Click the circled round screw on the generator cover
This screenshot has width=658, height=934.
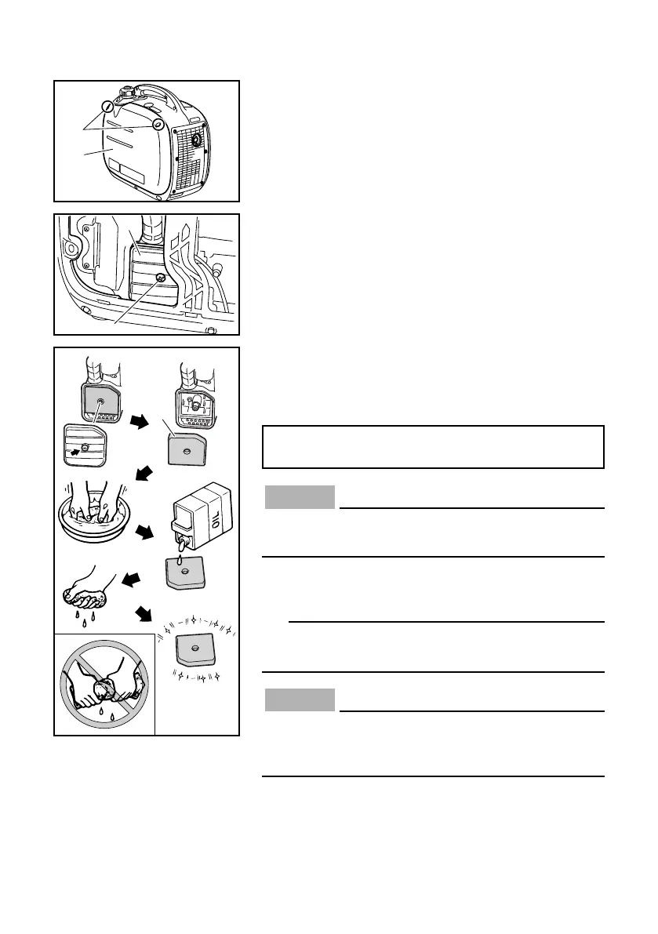pos(158,124)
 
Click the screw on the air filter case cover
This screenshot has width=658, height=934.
pos(160,278)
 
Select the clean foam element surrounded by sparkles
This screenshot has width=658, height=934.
pos(191,649)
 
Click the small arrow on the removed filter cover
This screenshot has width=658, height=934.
pos(76,450)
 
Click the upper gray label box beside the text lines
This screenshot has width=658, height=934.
pos(300,497)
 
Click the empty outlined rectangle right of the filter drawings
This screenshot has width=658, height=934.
pos(433,446)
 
